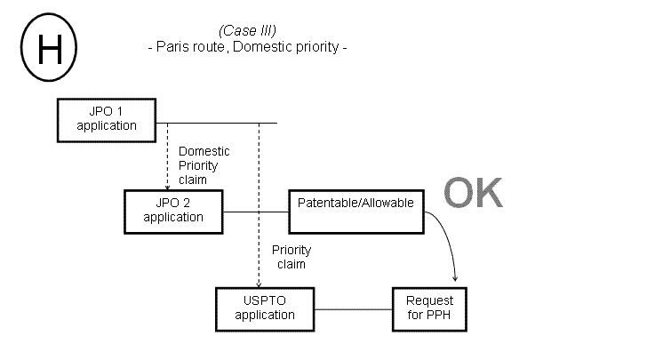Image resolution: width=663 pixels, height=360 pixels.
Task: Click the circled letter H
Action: click(x=48, y=49)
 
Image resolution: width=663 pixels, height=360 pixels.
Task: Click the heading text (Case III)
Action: click(x=245, y=30)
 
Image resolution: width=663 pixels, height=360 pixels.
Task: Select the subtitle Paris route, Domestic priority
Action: click(x=245, y=47)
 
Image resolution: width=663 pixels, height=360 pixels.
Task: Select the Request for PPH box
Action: click(x=428, y=308)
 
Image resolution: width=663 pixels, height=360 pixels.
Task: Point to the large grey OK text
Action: click(x=473, y=193)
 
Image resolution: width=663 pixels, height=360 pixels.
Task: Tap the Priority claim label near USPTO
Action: click(x=289, y=258)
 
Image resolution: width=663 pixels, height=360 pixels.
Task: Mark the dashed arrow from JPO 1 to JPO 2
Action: click(x=168, y=156)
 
